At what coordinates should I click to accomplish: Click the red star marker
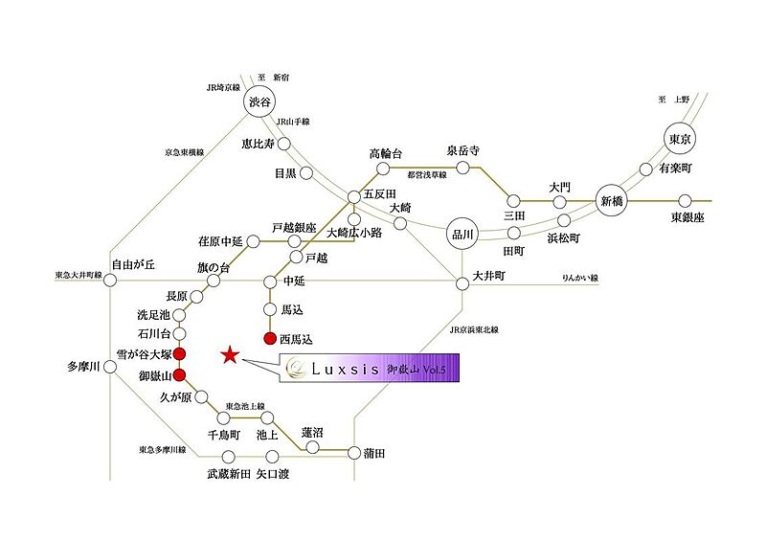tap(230, 355)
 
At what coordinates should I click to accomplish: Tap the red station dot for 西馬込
tap(270, 338)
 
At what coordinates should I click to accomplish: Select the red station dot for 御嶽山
tap(180, 375)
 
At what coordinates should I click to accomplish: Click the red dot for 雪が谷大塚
tap(180, 354)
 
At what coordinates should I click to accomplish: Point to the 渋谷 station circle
tap(259, 101)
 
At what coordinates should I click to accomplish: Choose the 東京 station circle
tap(680, 139)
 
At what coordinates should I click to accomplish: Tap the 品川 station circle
tap(462, 234)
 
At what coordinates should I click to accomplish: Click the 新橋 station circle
tap(612, 200)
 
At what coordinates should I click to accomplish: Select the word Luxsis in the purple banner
tap(345, 369)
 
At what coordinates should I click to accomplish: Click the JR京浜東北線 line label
tap(474, 330)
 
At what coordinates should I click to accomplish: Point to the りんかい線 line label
tap(580, 278)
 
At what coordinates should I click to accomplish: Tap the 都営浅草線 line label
tap(426, 174)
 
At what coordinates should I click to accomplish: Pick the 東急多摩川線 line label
tap(162, 450)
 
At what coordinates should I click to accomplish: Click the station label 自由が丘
tap(133, 265)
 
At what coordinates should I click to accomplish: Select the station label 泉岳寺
tap(463, 150)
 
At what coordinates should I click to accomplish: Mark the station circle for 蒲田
tap(354, 453)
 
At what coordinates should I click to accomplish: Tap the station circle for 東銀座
tap(686, 200)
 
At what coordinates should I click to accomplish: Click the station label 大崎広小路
tap(354, 233)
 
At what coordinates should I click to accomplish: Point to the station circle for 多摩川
tap(110, 367)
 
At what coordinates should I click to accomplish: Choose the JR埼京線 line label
tap(223, 88)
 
